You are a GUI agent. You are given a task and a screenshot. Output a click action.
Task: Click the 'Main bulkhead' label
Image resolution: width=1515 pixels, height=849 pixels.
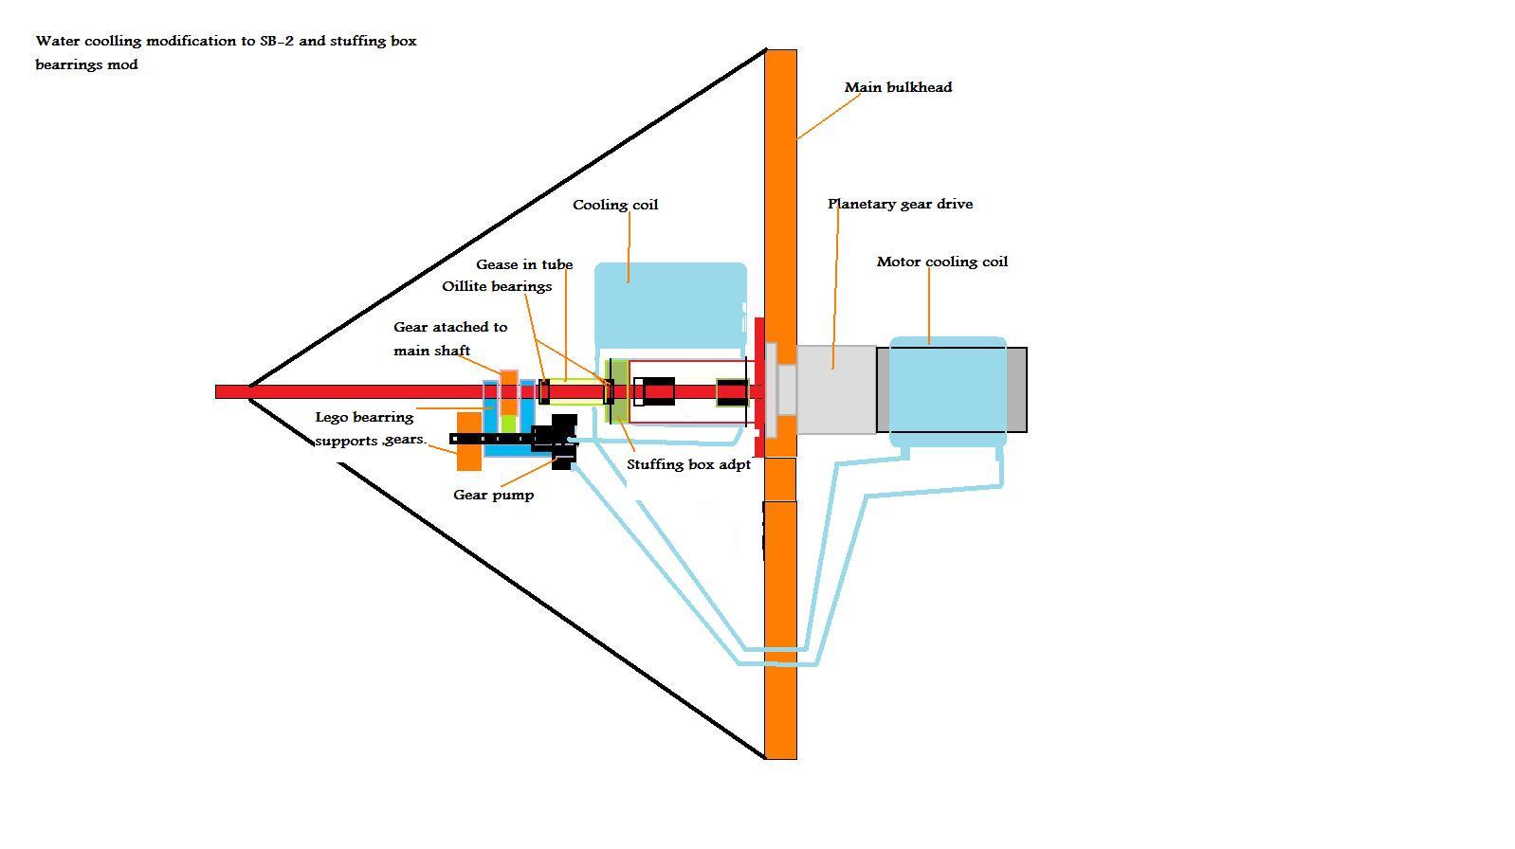(x=898, y=87)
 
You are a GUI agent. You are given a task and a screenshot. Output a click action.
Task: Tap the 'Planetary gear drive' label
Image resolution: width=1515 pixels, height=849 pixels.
(x=900, y=204)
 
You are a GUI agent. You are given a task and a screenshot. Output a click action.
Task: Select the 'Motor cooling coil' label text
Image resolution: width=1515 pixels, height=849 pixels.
(x=941, y=262)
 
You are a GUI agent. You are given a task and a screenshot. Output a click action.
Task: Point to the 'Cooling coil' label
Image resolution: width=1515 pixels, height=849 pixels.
(x=614, y=205)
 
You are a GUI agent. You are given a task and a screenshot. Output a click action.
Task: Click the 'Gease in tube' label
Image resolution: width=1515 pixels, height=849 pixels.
(x=524, y=265)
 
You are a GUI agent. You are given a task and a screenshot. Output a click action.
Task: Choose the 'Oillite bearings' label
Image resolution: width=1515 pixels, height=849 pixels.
(x=497, y=286)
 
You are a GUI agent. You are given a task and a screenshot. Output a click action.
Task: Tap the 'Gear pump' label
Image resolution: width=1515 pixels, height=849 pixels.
(x=493, y=495)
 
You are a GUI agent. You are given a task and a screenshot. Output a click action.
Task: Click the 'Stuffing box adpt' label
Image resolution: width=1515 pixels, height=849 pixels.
(x=688, y=464)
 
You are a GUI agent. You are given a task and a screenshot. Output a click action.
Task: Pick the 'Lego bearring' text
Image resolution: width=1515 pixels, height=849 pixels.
(x=364, y=417)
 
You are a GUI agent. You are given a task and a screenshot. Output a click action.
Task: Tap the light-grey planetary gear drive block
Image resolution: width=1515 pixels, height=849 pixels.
(x=835, y=389)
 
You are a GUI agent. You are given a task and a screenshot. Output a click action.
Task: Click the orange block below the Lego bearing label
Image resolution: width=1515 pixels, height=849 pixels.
(x=468, y=442)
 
